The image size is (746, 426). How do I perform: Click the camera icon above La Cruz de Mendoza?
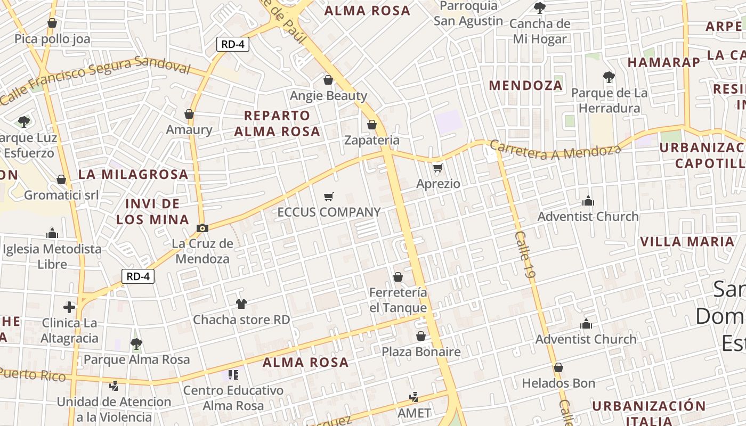[x=202, y=228]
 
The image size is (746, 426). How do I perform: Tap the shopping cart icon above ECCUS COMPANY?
[x=329, y=197]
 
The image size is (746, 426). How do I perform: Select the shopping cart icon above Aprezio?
[x=437, y=168]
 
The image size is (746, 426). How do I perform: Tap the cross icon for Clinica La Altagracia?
[x=69, y=307]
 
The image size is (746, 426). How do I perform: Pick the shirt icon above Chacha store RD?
[x=241, y=304]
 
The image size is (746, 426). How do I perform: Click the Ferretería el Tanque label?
[x=398, y=300]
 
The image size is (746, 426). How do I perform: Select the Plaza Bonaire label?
[x=421, y=352]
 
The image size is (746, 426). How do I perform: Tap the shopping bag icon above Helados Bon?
[x=558, y=367]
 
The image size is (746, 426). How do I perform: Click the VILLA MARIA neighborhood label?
[x=687, y=242]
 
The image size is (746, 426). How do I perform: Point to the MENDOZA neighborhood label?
[x=525, y=85]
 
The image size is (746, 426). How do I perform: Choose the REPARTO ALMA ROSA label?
[x=277, y=124]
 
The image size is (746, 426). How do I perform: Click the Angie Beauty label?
[x=328, y=96]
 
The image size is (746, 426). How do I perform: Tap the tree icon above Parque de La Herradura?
[x=609, y=77]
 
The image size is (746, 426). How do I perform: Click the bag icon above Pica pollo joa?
[x=52, y=23]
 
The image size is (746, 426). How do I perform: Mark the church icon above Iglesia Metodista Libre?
[x=52, y=233]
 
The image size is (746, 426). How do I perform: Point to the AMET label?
[x=414, y=413]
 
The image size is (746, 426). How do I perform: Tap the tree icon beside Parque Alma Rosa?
[x=136, y=343]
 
